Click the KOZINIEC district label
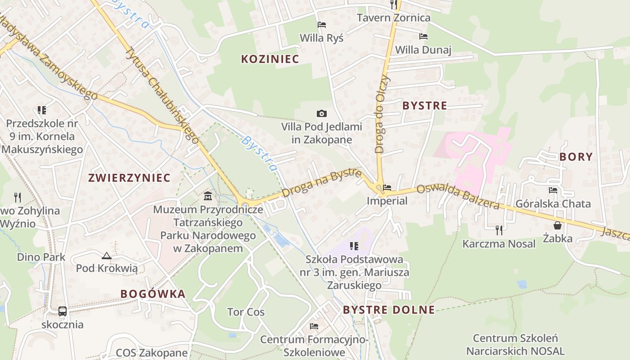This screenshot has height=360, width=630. pos(270,59)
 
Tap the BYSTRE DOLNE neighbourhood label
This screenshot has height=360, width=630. pos(389,310)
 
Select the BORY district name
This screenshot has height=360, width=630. pos(576,157)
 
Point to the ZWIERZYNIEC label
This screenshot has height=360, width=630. pos(130,178)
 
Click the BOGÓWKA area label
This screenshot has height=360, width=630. pos(153,294)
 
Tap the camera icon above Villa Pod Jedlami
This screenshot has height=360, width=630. pos(321,113)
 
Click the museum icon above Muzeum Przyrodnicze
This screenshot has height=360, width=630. pos(208,196)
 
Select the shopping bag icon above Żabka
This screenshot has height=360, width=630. pos(557,225)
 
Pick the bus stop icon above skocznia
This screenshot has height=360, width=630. pos(63,311)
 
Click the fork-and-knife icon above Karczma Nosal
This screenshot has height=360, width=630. pos(499,230)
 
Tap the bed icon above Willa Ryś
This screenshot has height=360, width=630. pos(321,25)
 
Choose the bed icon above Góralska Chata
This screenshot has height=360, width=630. pos(553,190)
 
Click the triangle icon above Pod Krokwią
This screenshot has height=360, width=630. pos(106,256)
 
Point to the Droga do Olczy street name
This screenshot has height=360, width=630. pos(383,115)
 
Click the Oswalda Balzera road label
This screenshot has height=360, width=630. pos(458,197)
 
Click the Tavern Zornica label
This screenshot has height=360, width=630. pos(393,18)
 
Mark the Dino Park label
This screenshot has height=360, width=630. pos(41,257)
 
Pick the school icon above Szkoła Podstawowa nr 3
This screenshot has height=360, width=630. pos(354,246)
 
